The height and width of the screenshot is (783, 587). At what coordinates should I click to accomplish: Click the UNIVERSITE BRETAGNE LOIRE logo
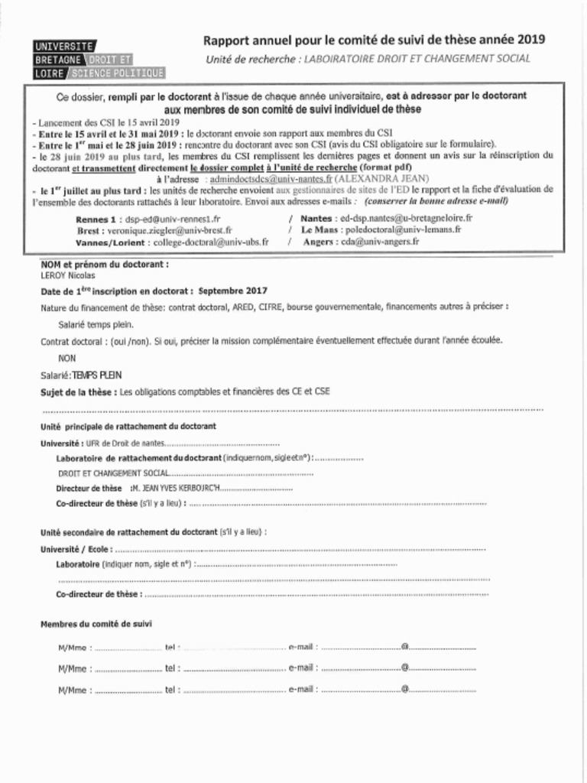99,60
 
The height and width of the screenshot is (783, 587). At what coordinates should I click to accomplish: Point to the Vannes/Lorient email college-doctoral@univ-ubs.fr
211,242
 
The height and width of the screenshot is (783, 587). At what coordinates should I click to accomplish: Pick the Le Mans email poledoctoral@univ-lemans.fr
402,229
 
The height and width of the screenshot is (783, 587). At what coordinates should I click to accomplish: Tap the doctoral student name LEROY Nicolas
68,275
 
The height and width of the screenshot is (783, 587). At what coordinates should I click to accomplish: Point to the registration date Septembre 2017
232,291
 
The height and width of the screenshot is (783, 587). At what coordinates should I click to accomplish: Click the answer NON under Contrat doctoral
67,358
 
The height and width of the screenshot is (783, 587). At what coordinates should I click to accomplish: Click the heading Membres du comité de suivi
96,624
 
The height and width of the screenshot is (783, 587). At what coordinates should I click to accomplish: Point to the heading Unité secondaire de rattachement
128,532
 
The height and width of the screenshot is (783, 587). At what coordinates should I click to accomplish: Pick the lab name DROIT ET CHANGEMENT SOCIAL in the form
115,474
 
